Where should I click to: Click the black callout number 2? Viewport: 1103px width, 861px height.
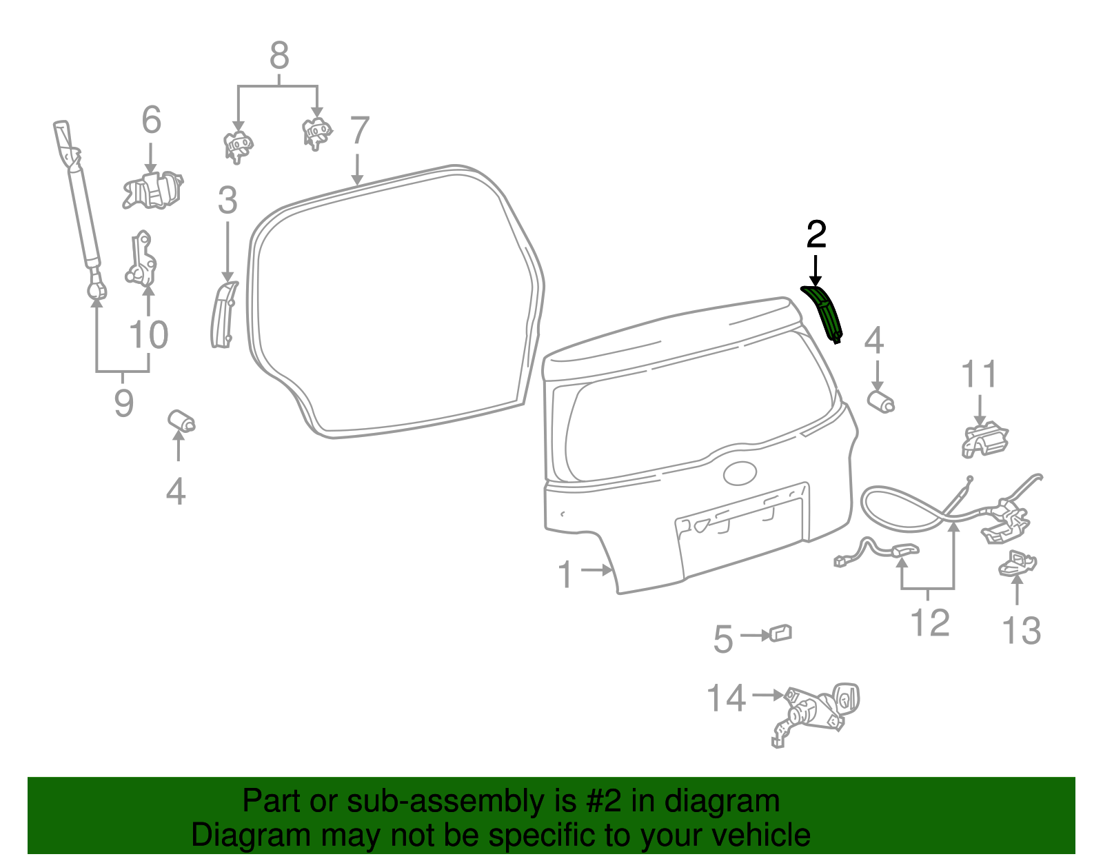pyautogui.click(x=816, y=235)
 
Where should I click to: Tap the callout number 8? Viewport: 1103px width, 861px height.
pyautogui.click(x=279, y=55)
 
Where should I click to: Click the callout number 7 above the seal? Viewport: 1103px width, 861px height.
pyautogui.click(x=360, y=131)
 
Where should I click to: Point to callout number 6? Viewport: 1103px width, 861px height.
pyautogui.click(x=152, y=120)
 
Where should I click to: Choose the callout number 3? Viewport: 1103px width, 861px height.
pyautogui.click(x=227, y=201)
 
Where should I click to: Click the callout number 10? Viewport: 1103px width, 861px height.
pyautogui.click(x=149, y=335)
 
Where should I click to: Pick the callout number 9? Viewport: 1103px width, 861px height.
pyautogui.click(x=123, y=403)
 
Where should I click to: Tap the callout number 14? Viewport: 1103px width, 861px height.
pyautogui.click(x=727, y=698)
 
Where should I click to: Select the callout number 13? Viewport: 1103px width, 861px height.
pyautogui.click(x=1021, y=630)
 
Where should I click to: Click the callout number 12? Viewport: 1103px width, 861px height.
pyautogui.click(x=930, y=622)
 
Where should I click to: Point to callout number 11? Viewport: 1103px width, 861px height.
pyautogui.click(x=979, y=375)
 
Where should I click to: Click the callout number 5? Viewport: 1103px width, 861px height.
pyautogui.click(x=723, y=639)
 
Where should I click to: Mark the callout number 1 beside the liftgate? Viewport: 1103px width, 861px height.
pyautogui.click(x=565, y=574)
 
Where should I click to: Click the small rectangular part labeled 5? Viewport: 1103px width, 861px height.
pyautogui.click(x=780, y=633)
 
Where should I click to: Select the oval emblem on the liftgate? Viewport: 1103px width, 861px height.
pyautogui.click(x=740, y=473)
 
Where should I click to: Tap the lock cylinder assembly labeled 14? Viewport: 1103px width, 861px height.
pyautogui.click(x=817, y=710)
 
